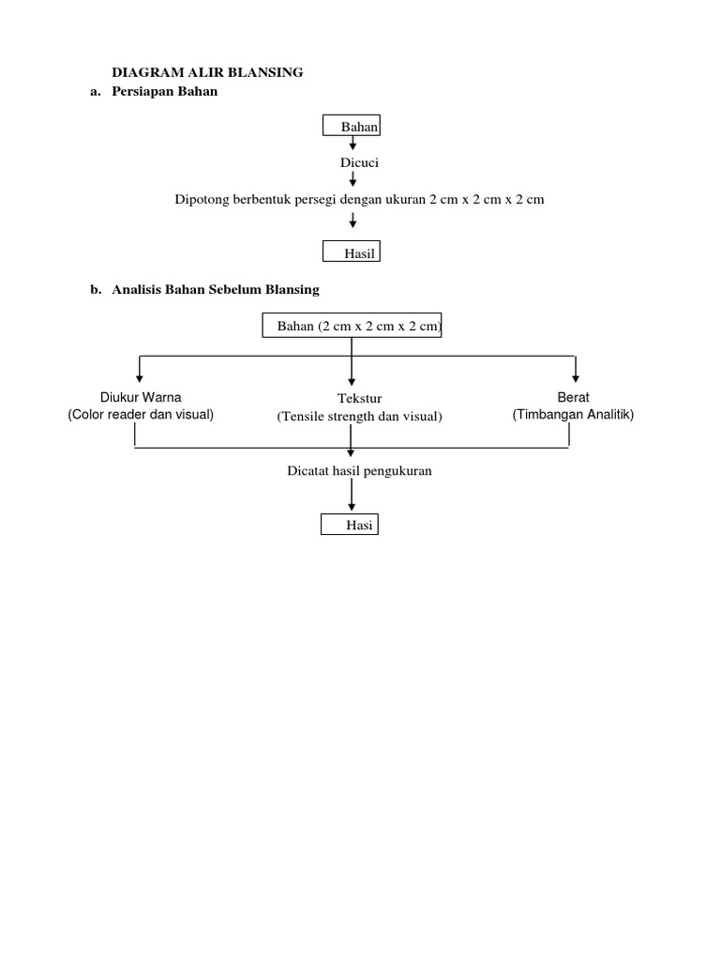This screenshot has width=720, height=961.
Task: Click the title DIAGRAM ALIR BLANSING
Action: [207, 72]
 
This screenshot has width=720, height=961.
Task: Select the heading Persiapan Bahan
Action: [164, 91]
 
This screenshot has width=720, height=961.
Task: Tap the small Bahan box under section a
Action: [352, 126]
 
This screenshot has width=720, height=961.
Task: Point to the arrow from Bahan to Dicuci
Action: [352, 143]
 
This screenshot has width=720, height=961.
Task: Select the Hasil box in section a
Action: [352, 252]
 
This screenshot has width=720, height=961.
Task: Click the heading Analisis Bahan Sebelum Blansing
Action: [216, 290]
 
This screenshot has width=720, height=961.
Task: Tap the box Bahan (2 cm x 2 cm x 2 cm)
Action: [352, 326]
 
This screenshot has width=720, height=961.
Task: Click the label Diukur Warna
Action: [141, 397]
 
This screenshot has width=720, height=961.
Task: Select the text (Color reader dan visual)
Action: [141, 414]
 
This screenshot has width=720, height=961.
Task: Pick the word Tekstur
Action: [360, 399]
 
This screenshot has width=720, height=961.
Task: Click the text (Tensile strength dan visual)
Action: [359, 416]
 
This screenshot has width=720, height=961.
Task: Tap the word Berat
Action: [573, 397]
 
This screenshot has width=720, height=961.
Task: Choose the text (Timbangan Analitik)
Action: [573, 414]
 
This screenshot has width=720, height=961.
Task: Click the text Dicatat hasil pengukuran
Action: [359, 470]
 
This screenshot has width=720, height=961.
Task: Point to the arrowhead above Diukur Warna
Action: [140, 376]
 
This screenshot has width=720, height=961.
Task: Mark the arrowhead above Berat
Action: [576, 376]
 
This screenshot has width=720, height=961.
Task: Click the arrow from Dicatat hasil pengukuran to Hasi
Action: [352, 494]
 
